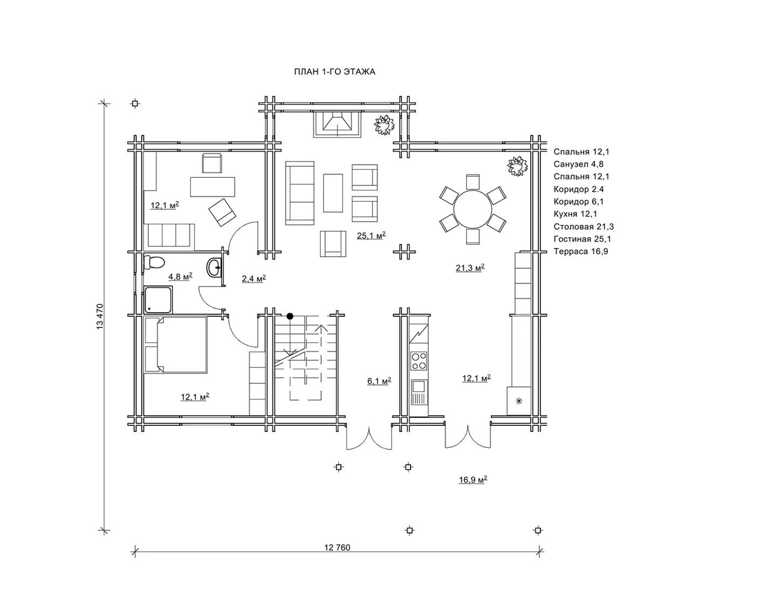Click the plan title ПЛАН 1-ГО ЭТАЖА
[x=334, y=72]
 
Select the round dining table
[x=472, y=210]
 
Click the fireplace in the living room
[x=337, y=125]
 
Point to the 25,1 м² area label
[x=371, y=235]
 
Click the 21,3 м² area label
[x=470, y=268]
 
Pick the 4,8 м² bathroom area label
[x=180, y=276]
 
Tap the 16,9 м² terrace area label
[x=473, y=479]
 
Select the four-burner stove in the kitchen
[x=419, y=361]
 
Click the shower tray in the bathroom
[x=158, y=300]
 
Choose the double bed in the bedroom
[x=176, y=344]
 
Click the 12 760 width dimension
[x=337, y=547]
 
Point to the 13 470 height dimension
[x=100, y=316]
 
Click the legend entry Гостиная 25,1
[x=582, y=239]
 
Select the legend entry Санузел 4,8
[x=578, y=164]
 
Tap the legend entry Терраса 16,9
[x=580, y=251]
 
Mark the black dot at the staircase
[x=290, y=316]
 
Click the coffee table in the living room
[x=333, y=193]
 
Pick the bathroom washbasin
[x=214, y=267]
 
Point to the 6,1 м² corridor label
[x=379, y=381]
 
